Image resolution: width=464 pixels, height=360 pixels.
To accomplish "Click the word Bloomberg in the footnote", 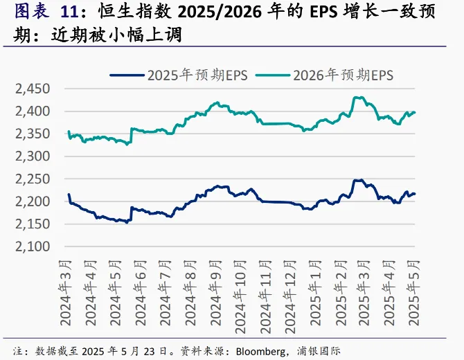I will tap(258, 351).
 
